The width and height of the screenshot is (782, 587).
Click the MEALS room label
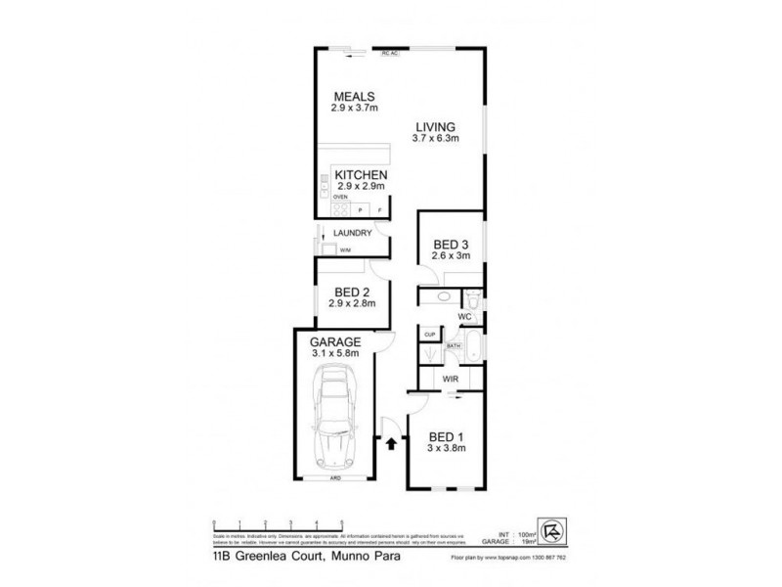[355, 96]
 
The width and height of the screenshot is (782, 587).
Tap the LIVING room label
[436, 126]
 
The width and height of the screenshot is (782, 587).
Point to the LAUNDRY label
[351, 233]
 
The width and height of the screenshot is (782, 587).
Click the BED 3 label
[452, 244]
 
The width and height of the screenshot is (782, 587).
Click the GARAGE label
[336, 341]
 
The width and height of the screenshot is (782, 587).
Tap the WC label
[466, 317]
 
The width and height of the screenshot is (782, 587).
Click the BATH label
[454, 345]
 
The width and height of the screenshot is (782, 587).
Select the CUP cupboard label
[428, 336]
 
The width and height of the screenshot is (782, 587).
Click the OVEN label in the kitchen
[339, 197]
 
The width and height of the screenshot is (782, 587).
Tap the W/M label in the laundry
[345, 250]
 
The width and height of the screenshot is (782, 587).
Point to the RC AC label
[390, 54]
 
